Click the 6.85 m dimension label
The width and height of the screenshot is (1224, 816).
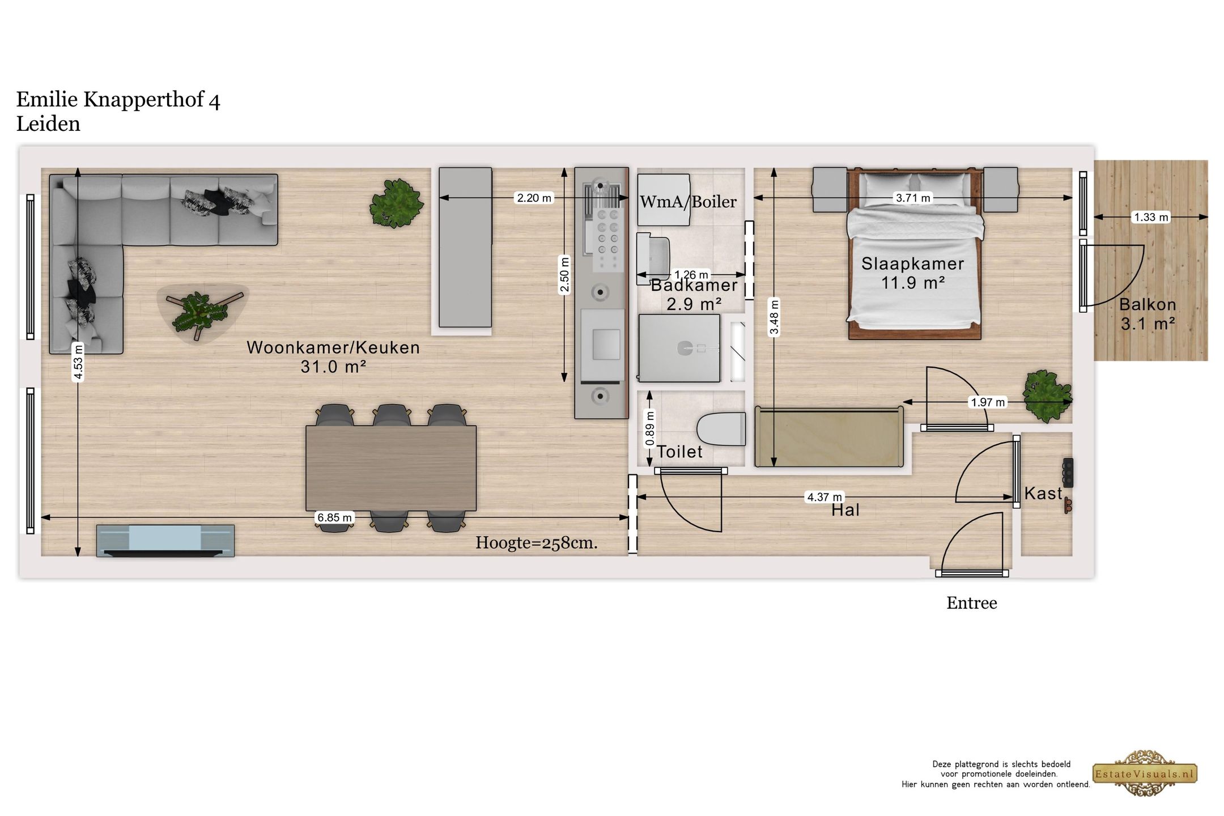pos(334,517)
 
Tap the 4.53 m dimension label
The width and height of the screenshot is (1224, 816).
pos(78,363)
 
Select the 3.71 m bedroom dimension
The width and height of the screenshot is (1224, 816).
pos(912,198)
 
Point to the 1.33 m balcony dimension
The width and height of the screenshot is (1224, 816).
pos(1151,217)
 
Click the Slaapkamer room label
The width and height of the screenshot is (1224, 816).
pos(913,263)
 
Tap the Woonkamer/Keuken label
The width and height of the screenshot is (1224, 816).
pos(333,347)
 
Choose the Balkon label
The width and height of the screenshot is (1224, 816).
pos(1147,304)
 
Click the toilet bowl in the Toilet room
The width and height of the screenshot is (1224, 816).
pos(721,430)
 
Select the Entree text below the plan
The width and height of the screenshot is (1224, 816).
pos(971,603)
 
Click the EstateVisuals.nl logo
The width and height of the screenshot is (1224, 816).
pos(1145,774)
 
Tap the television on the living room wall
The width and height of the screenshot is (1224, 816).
pos(165,541)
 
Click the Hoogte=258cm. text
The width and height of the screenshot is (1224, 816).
pos(537,543)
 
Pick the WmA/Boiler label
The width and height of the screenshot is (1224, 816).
pos(688,202)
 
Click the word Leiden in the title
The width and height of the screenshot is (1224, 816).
pos(48,124)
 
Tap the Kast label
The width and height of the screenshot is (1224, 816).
pos(1043,494)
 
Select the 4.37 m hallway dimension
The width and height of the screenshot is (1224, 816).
pos(824,497)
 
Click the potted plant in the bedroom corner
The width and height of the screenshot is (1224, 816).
pos(1047,396)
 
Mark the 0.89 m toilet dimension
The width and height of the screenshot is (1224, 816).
pos(650,428)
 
